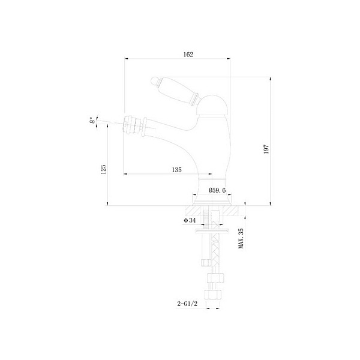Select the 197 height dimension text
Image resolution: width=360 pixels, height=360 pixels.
point(275,149)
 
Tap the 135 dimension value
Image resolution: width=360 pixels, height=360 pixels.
point(176,170)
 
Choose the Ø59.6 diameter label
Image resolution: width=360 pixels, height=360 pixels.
point(217,190)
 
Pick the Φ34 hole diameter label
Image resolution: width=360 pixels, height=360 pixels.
point(190,221)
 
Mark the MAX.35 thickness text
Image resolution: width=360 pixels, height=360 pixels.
point(241,239)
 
